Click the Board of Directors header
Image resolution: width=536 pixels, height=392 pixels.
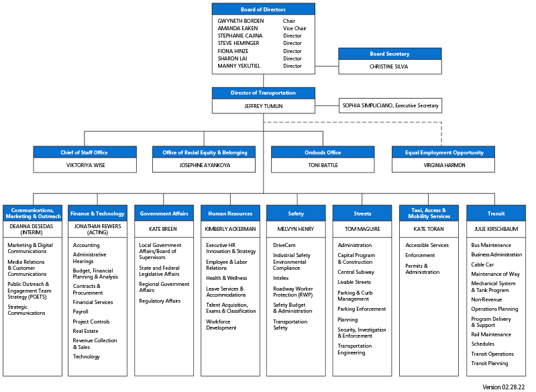263,9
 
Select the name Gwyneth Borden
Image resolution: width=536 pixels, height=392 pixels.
241,21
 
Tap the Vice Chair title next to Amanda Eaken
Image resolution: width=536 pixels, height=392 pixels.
294,28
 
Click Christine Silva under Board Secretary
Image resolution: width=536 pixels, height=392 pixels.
390,66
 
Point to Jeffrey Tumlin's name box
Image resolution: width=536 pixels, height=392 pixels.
263,105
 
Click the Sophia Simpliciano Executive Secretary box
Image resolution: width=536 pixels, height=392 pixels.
390,105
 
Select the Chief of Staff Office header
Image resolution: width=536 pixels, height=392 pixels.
85,152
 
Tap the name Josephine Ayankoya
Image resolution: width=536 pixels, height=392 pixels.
204,165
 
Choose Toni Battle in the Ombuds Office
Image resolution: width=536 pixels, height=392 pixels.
323,165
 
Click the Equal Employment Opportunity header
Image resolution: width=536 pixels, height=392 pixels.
443,152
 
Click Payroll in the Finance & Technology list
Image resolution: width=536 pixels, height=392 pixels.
81,311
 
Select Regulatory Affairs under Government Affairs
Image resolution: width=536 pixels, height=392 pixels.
160,301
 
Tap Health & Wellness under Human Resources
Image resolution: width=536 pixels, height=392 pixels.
226,278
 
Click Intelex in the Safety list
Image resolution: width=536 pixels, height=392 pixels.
280,278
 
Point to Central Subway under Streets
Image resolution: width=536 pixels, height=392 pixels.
356,272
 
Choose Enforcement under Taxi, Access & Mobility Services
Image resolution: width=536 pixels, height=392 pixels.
420,255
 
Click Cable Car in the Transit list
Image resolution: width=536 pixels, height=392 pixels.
482,264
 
